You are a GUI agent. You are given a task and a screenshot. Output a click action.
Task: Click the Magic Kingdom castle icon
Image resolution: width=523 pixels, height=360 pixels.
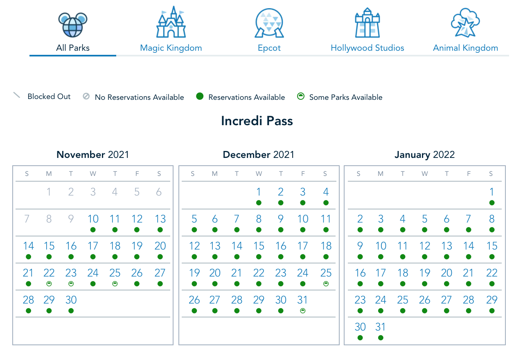tap(171, 23)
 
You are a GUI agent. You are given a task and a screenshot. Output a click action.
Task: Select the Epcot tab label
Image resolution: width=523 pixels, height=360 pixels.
tap(269, 48)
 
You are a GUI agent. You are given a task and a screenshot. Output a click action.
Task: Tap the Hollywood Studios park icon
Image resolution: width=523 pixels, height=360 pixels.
tap(367, 23)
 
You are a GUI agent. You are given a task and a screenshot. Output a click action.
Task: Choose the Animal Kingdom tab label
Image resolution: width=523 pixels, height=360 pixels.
tap(465, 48)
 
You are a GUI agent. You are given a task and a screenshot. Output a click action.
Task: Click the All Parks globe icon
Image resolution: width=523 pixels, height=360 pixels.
tap(73, 24)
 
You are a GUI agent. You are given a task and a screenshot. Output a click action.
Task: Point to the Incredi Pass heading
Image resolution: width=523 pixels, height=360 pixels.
tap(257, 121)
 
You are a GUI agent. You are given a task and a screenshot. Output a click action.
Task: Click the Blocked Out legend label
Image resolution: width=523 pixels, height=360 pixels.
tap(49, 97)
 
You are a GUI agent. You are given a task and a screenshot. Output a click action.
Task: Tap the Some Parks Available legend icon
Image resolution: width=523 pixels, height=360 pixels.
tap(301, 97)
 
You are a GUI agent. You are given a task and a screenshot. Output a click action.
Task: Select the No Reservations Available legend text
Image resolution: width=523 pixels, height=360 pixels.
tap(139, 97)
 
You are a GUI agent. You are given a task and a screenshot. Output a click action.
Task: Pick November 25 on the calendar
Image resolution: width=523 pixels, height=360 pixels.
tap(115, 273)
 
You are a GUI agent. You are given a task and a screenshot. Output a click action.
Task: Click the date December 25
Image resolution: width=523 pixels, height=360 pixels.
tap(326, 273)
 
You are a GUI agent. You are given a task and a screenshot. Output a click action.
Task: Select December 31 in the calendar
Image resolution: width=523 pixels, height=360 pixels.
tap(302, 300)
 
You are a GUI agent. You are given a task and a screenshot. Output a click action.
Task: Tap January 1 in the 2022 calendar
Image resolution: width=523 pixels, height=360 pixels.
tap(492, 192)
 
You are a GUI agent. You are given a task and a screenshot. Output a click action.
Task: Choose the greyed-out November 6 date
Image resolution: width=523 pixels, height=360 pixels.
tap(159, 192)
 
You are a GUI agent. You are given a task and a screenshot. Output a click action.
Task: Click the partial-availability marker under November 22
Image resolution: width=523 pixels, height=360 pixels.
tap(49, 283)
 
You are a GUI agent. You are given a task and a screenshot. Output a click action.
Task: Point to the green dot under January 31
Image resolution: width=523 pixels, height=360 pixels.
tap(381, 337)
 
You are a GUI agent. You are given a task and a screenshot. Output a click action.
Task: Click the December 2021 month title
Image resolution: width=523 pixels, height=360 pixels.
tap(258, 155)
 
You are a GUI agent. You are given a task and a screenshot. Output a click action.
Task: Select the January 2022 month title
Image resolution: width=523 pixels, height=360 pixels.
tap(424, 155)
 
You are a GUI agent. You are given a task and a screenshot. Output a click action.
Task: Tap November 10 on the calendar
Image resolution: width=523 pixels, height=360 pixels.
tap(93, 219)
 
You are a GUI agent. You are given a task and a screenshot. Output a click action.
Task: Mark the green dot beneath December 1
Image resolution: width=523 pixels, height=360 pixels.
tap(259, 202)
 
